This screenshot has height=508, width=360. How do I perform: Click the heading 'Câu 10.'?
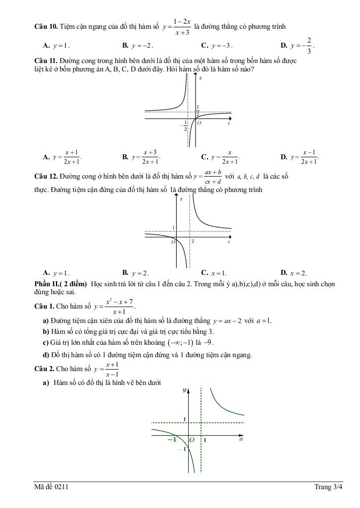point(46,26)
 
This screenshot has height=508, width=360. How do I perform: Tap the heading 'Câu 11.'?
point(46,61)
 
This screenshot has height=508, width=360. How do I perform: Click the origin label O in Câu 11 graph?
point(199,123)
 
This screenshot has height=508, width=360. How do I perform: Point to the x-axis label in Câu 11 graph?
point(229,123)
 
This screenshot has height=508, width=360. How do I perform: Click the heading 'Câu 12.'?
point(46,176)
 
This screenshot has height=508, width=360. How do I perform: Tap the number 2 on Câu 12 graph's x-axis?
point(193,241)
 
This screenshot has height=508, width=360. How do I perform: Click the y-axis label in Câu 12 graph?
point(181,198)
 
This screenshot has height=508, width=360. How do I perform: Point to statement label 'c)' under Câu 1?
point(46,343)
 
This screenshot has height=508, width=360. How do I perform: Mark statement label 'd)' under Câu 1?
point(46,354)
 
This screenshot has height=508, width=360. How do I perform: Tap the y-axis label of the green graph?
point(184,390)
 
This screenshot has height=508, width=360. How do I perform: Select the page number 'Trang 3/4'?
point(328,488)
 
